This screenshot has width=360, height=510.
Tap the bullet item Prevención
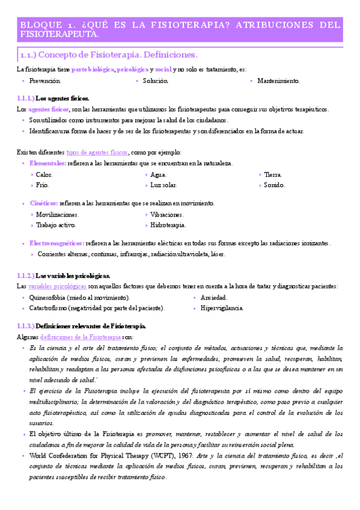click(x=44, y=81)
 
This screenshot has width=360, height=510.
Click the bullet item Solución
click(x=156, y=81)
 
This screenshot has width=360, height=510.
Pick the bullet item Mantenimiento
click(x=278, y=81)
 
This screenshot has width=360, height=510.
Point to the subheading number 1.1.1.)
click(x=26, y=98)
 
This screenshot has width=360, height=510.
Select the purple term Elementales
click(x=48, y=164)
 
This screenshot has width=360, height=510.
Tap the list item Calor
click(x=44, y=174)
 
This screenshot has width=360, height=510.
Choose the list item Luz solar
click(x=163, y=185)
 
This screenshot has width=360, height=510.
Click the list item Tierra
click(x=273, y=174)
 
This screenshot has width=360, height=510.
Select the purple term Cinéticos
click(x=43, y=204)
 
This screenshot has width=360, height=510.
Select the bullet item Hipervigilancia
click(x=221, y=309)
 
